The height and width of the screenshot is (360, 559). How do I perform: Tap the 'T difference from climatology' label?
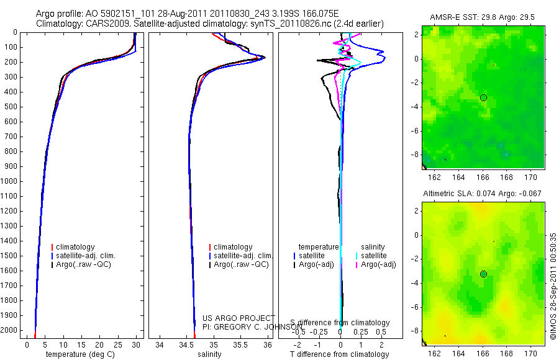coord(339,354)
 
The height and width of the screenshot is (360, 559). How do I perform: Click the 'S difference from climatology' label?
coord(340,323)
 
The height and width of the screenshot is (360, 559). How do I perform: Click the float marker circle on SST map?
coord(483,97)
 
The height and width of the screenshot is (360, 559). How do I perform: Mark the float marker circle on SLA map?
coord(483,274)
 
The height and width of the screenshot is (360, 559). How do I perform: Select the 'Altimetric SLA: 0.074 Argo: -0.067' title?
coord(481,194)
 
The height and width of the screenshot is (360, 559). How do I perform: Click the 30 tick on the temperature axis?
coord(136,344)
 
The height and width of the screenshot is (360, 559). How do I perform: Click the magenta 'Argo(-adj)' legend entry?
coord(378,264)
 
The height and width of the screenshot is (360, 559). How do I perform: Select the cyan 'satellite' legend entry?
coord(373,256)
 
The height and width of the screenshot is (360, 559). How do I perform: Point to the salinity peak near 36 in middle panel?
coord(265,58)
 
